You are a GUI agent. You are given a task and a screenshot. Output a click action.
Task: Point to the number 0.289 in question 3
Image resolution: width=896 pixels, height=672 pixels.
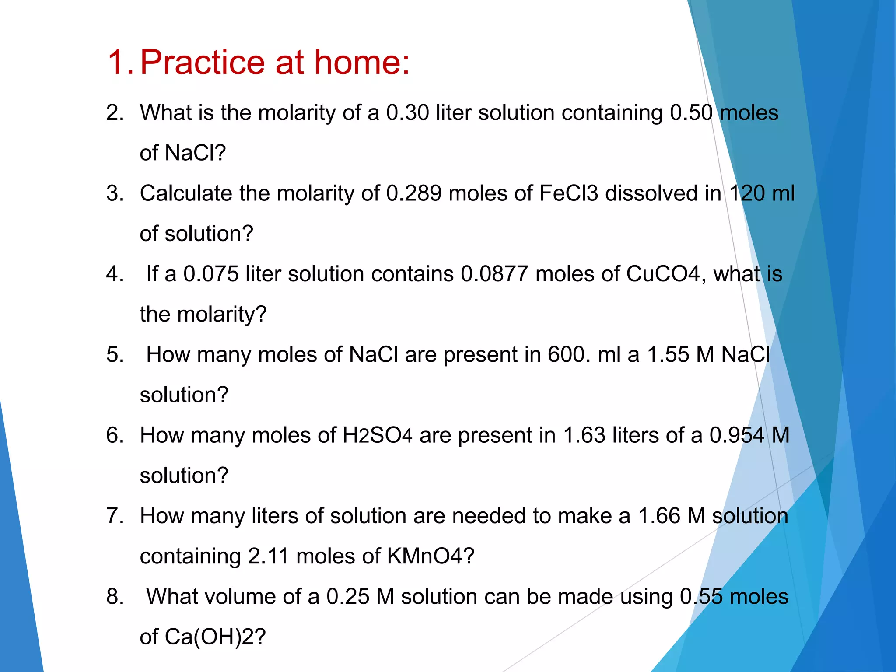point(414,193)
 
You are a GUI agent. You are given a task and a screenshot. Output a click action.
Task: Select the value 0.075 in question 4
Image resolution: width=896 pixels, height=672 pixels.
point(211,274)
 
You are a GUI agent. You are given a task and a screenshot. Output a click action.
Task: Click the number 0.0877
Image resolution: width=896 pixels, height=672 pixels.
point(494,274)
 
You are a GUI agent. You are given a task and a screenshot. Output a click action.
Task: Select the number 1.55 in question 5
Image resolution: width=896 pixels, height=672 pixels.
point(668,355)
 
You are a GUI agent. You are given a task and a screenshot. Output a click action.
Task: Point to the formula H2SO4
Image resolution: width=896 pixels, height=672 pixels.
point(377,436)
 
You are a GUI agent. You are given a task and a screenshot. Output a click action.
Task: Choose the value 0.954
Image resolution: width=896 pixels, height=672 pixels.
point(737,436)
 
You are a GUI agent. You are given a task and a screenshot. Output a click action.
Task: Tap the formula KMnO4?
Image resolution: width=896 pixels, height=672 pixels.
point(430,556)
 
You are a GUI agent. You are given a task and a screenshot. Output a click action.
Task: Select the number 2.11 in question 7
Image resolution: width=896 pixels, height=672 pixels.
point(268,556)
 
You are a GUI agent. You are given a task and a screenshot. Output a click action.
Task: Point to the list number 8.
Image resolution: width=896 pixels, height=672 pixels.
point(115,597)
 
